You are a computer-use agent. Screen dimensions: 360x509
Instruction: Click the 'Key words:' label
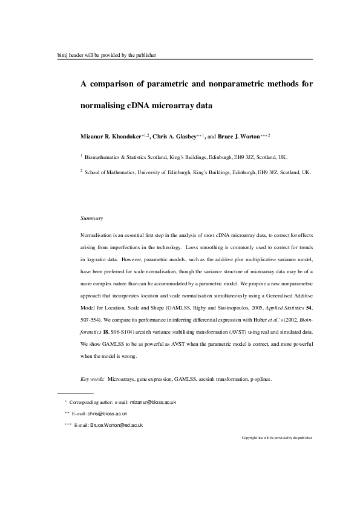(x=93, y=379)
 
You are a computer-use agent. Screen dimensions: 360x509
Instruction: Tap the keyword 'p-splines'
(x=260, y=379)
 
